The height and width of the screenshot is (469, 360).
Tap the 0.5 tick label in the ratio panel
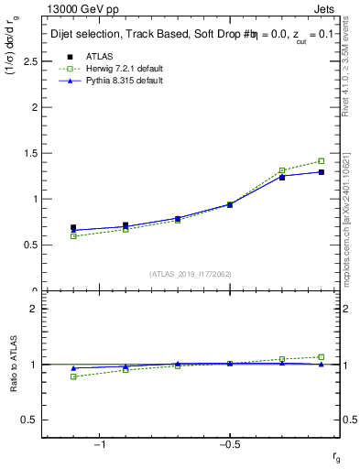[x=29, y=420]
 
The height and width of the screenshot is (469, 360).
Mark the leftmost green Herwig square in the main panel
[x=73, y=236]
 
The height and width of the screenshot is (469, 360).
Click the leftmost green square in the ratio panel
[x=73, y=376]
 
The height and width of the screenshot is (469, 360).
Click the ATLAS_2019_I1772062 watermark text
[x=191, y=274]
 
